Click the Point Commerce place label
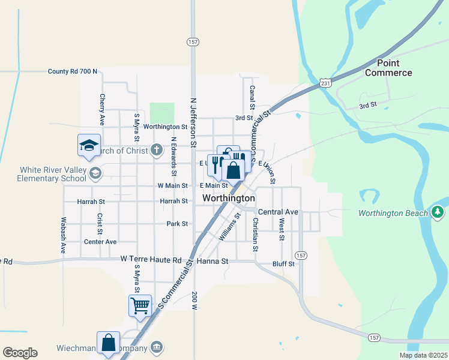pos(388,68)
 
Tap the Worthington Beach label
pos(393,213)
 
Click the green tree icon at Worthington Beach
pos(438,212)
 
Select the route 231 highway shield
pos(324,82)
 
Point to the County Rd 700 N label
pos(72,71)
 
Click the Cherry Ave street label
pos(103,109)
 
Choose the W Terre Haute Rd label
pos(150,260)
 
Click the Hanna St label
pos(217,262)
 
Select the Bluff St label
pos(284,263)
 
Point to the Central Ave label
pos(278,212)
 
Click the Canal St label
pos(252,97)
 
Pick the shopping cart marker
pos(140,305)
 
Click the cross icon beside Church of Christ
pos(156,150)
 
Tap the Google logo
pos(19,353)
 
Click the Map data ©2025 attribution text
pos(423,355)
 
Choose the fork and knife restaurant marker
pos(215,164)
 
